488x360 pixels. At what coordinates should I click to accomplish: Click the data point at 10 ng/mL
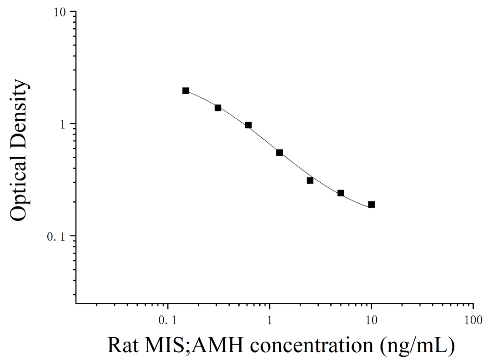371,205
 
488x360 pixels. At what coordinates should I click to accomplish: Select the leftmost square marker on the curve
186,90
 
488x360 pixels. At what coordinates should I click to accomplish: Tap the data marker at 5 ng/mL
341,193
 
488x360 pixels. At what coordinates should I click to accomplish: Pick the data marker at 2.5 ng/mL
310,180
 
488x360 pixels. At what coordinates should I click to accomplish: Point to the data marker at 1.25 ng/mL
280,152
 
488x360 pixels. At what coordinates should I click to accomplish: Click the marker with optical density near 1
248,125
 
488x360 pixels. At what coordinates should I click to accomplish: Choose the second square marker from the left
218,108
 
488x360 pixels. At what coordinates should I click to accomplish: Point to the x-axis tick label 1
270,320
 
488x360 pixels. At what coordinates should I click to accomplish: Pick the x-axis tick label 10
371,320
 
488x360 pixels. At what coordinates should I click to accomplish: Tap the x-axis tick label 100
473,320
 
